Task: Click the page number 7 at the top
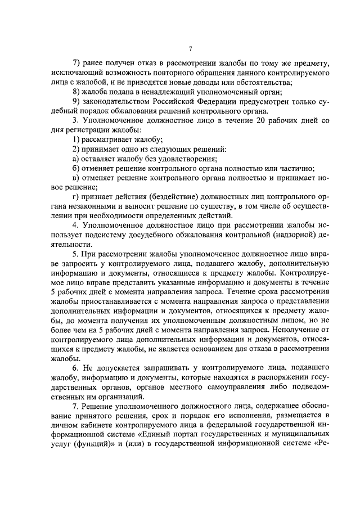click(x=191, y=49)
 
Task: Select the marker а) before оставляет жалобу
click(x=76, y=159)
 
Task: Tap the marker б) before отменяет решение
click(x=76, y=168)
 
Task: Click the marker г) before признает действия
click(x=76, y=197)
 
